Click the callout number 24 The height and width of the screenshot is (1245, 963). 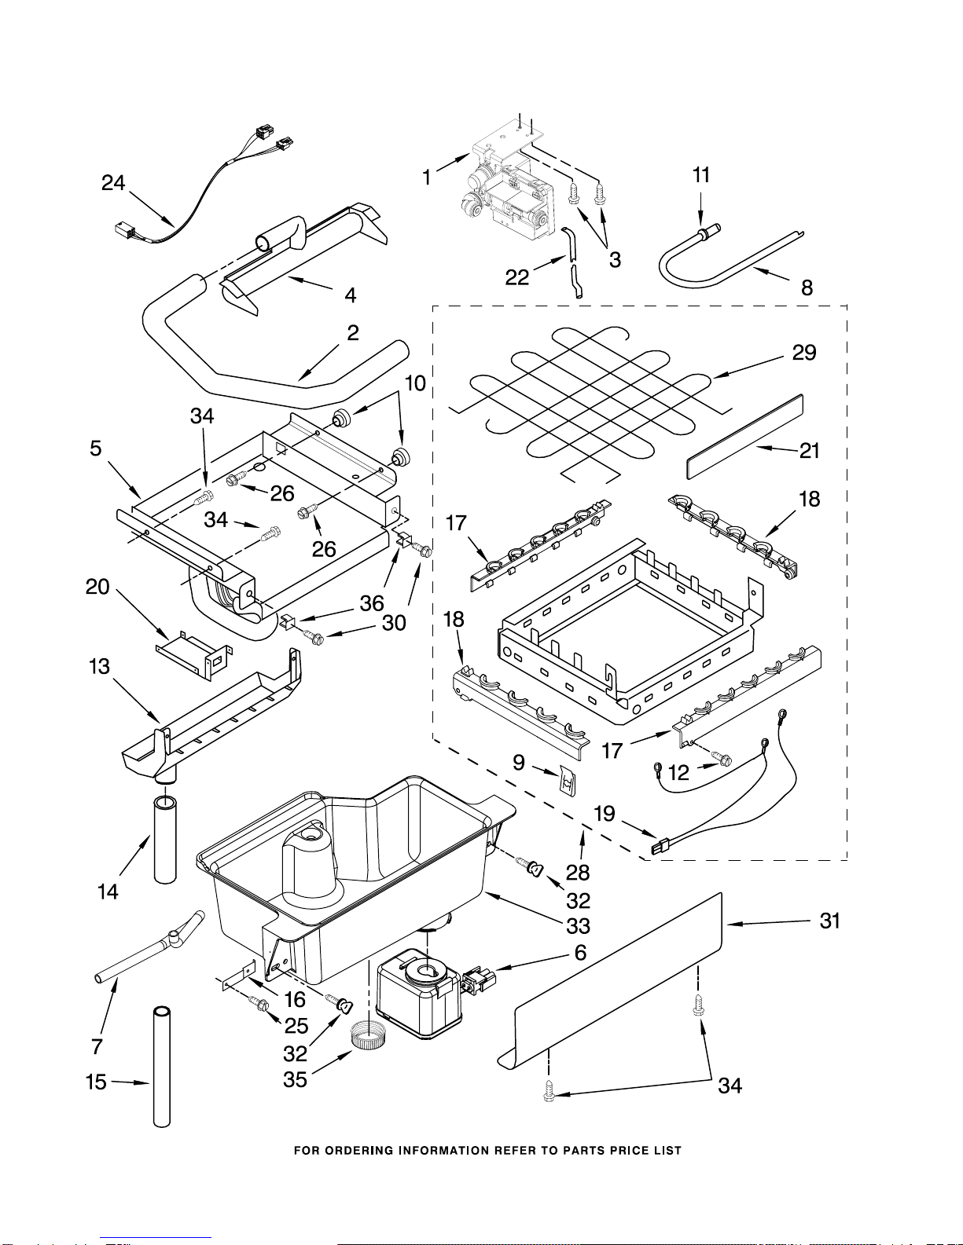113,183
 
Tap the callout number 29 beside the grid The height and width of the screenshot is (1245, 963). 804,353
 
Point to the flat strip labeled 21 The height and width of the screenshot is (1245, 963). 744,436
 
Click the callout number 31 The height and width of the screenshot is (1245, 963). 830,921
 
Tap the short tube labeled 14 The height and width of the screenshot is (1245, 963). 165,839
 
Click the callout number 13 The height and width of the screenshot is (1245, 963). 100,667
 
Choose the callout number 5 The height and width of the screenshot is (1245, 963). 95,449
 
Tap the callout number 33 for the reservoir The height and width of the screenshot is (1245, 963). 579,926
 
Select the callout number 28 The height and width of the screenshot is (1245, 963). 578,873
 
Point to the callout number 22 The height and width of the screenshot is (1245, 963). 516,277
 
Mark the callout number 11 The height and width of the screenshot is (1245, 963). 701,175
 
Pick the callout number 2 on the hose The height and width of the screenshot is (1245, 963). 353,333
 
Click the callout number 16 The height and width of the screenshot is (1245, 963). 295,999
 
